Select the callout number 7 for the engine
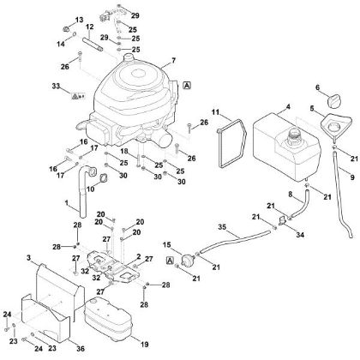point(174,61)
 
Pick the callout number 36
point(81,349)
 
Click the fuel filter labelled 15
point(188,260)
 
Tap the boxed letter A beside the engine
point(187,85)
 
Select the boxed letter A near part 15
point(170,261)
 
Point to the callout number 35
point(222,227)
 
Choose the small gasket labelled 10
point(100,178)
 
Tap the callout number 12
point(90,27)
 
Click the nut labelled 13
point(66,29)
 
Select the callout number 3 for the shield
point(28,258)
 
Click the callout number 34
point(300,235)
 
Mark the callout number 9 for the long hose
point(352,177)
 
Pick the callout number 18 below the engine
point(123,151)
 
